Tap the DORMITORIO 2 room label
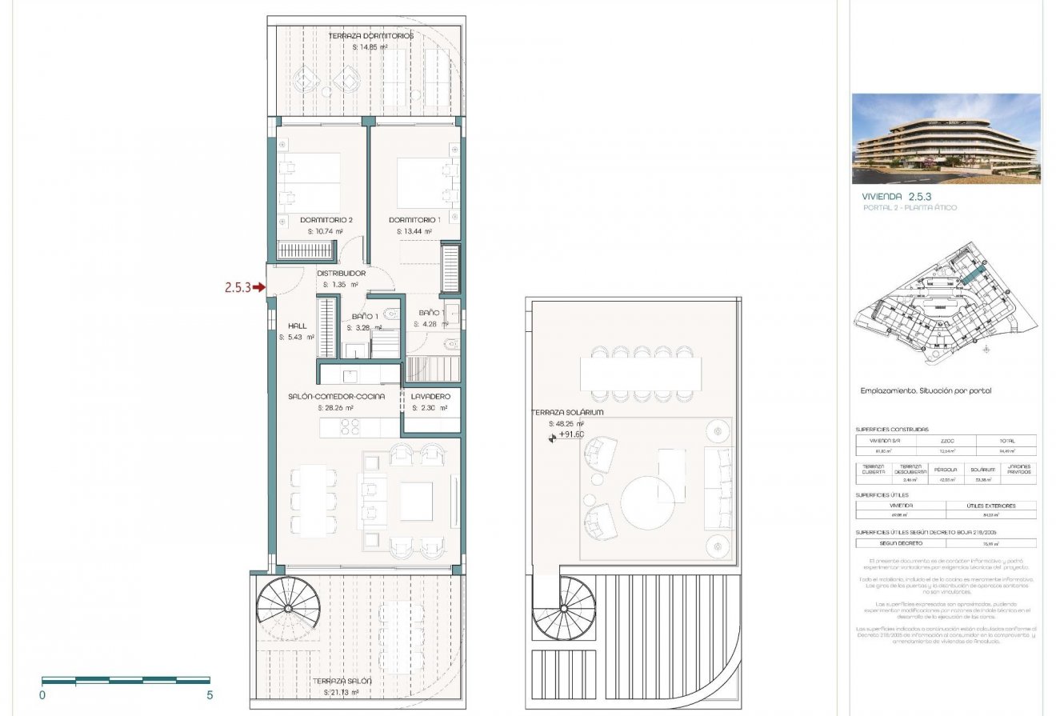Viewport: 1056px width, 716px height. [326, 220]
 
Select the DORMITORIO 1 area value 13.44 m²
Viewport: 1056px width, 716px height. [414, 232]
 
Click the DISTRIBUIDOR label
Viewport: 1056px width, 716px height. [341, 274]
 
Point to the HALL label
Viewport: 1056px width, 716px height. [298, 326]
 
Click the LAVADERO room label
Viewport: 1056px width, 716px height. [430, 397]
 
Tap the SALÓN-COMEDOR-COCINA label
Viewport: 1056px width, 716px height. [336, 397]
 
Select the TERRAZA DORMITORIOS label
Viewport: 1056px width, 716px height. [370, 36]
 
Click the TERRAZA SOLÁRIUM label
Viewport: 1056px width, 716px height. [566, 413]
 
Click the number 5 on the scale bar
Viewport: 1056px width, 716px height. [210, 696]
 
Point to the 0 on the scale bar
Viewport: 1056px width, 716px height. [42, 696]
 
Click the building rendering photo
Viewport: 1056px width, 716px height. [946, 139]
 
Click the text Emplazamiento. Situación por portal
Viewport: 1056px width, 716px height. [926, 391]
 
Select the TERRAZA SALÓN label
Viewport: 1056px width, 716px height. [347, 681]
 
